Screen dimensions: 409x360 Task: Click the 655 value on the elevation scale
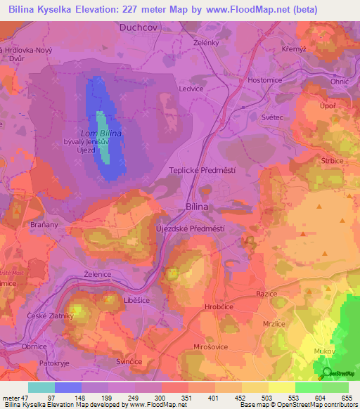[x=347, y=398]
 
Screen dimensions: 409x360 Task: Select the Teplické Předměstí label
[x=202, y=171]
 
